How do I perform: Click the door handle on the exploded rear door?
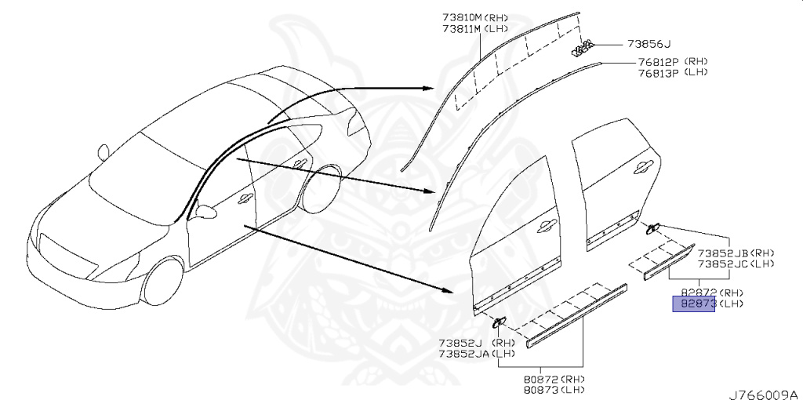(641, 166)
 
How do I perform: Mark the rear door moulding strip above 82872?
(669, 262)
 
